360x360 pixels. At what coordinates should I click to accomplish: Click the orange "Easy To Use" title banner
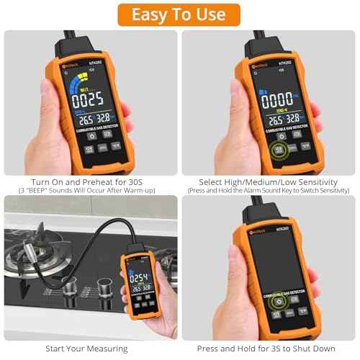pos(179,14)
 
